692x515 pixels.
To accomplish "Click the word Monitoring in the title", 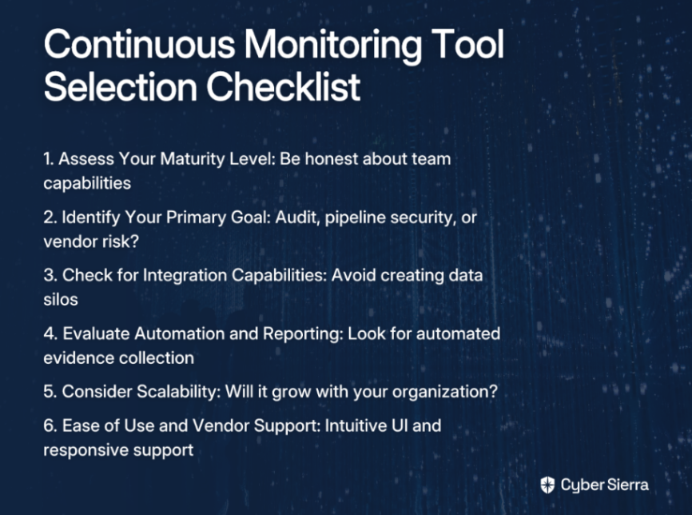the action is point(332,46).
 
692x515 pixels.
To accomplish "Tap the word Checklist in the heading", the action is point(284,86).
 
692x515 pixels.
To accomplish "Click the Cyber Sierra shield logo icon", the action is point(547,485).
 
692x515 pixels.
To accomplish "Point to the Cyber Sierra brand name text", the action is point(605,485).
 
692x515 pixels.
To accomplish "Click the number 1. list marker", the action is point(49,159).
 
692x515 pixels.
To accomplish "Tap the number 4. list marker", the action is point(50,333).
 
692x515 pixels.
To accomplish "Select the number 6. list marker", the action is point(50,425).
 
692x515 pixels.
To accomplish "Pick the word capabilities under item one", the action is point(87,184).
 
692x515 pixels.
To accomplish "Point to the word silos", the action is point(61,299).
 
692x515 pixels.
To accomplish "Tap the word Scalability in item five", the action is point(179,392).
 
